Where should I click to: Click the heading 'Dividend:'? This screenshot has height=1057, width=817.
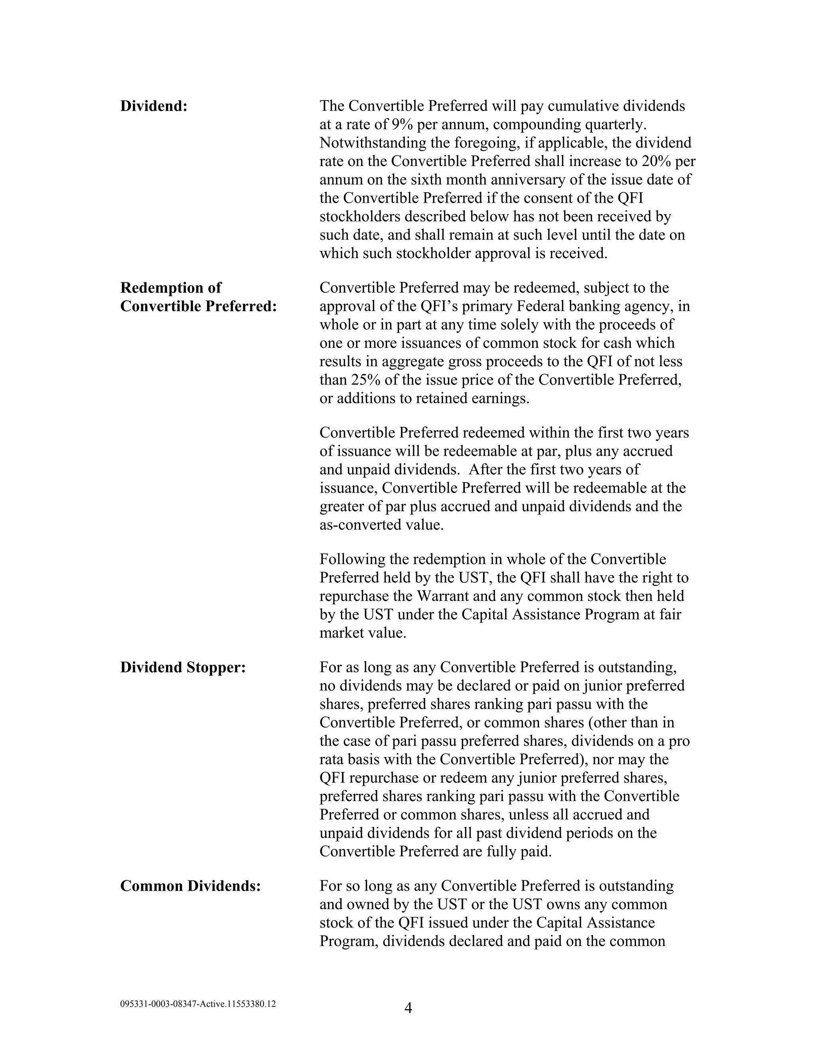point(154,106)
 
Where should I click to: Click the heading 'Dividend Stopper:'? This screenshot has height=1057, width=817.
point(183,667)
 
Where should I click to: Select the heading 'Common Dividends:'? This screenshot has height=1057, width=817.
point(190,886)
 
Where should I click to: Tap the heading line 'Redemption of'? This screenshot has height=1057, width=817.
point(170,288)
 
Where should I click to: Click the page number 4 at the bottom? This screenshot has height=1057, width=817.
point(408,1008)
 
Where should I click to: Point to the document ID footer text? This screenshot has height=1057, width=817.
point(198,1004)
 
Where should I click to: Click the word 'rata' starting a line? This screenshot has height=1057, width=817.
point(331,759)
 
